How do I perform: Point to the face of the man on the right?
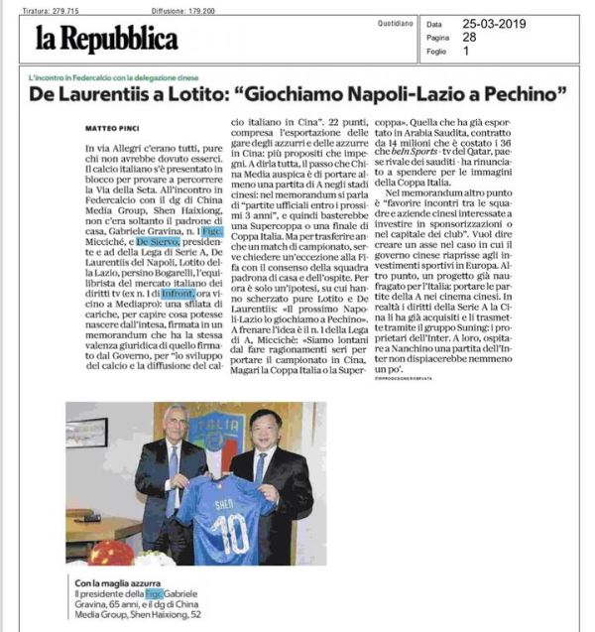pyautogui.click(x=269, y=426)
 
